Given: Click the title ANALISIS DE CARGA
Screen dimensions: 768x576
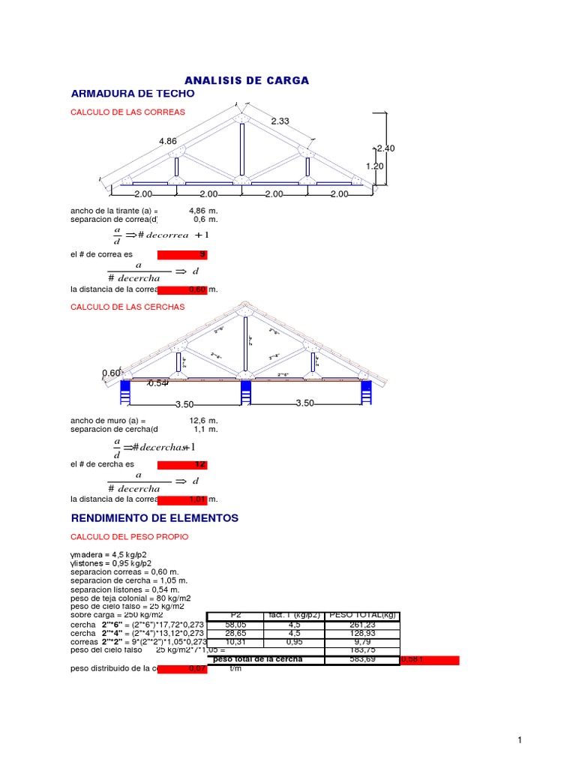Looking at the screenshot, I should click(247, 80).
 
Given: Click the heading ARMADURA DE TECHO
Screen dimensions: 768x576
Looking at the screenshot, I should click(132, 94).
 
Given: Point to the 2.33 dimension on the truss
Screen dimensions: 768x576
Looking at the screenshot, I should click(280, 121).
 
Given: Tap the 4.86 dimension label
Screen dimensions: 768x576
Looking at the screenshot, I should click(168, 141).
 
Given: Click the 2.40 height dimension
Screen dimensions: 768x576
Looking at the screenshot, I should click(385, 148).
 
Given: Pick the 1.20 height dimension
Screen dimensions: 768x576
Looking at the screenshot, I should click(374, 166).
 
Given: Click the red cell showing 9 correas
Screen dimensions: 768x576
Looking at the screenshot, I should click(182, 255).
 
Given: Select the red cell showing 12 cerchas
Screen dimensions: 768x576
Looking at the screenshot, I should click(182, 465).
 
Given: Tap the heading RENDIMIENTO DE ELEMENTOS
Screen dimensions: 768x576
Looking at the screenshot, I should click(154, 518).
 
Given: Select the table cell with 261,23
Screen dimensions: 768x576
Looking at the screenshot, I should click(363, 624).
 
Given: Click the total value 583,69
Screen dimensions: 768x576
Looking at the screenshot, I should click(363, 659).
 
